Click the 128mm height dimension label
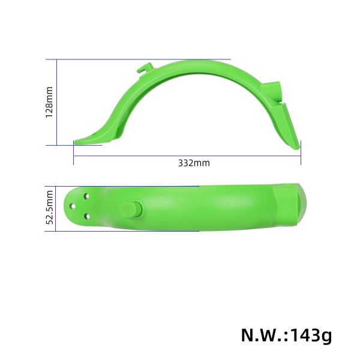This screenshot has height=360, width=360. click(49, 102)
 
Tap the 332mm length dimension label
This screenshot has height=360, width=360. click(194, 163)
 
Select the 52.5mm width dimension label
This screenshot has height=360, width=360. click(50, 208)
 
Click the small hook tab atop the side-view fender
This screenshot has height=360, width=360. click(143, 70)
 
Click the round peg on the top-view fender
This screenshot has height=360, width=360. click(129, 209)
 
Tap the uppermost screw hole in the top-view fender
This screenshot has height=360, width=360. click(88, 196)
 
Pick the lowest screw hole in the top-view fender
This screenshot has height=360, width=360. click(87, 216)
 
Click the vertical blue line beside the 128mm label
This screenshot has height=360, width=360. click(57, 102)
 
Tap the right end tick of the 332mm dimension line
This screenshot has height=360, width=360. click(300, 153)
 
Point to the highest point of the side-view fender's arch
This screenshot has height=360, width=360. click(192, 61)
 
